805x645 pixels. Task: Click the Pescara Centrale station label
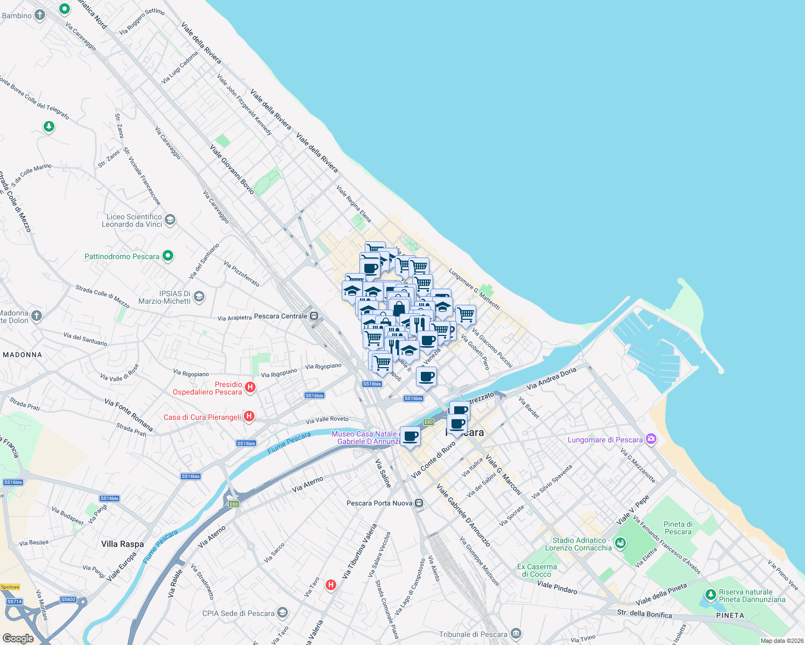tap(280, 316)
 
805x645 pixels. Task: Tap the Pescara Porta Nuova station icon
tap(419, 503)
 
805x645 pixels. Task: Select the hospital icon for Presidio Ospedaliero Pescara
tap(250, 387)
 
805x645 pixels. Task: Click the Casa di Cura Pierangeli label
tap(202, 417)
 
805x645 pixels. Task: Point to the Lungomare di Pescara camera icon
tap(651, 439)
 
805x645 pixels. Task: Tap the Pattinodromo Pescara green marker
tap(168, 256)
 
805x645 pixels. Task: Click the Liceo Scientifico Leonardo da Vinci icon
tap(170, 219)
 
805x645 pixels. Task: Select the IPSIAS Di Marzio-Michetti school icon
tap(199, 297)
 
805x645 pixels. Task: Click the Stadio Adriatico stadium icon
tap(620, 543)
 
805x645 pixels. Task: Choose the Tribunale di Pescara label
tap(473, 634)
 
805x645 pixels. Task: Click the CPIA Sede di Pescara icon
tap(283, 613)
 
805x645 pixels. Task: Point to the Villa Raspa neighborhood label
tap(123, 544)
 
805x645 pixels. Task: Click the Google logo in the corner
tap(18, 639)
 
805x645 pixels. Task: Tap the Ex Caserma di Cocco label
tap(536, 570)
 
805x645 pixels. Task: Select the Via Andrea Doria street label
tap(551, 378)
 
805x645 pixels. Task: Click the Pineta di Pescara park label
tap(678, 528)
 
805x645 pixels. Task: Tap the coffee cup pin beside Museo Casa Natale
tap(410, 436)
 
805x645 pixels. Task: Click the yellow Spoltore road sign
tap(10, 587)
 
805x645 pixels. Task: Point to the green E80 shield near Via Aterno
tap(234, 504)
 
